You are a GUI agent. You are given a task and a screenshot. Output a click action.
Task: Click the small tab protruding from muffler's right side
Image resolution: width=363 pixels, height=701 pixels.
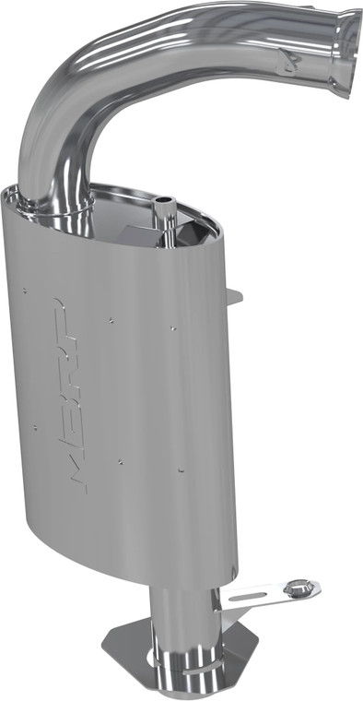(235, 297)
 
